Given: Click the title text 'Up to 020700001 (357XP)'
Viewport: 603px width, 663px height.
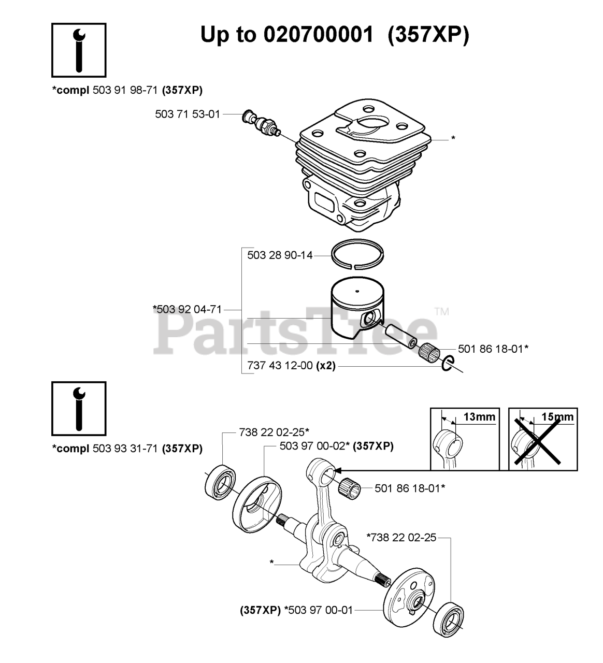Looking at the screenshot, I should coord(334,35).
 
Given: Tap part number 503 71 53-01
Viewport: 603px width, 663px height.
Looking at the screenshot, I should coord(188,114).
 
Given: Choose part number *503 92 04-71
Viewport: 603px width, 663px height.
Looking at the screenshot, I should coord(188,310).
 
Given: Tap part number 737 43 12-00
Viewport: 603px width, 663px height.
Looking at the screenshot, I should coord(280,366).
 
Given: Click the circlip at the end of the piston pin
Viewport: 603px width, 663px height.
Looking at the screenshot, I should coord(448,364).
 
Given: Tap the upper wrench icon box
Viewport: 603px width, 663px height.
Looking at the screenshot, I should coord(79,50).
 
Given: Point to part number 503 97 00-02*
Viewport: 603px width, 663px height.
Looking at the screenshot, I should coord(314,446).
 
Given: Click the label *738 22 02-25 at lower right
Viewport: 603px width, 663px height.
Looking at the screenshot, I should coord(401,538).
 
